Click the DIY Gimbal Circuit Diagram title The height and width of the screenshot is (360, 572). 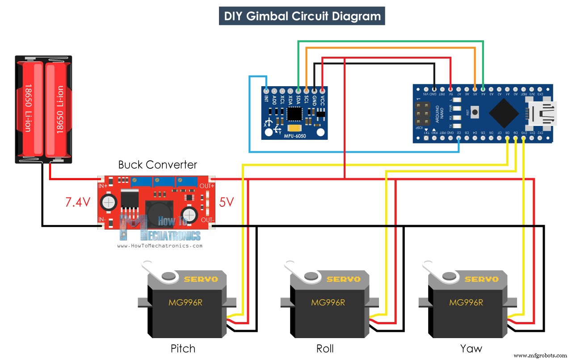point(302,17)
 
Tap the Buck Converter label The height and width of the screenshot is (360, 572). point(157,165)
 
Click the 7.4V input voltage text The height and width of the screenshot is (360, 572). point(79,202)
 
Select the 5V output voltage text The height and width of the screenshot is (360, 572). point(226,202)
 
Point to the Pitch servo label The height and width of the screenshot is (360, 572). point(183,348)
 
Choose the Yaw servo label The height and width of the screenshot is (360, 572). point(471,348)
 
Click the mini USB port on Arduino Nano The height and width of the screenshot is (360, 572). point(541,114)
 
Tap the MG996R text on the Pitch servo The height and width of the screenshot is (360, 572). point(185,302)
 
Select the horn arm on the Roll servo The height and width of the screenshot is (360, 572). point(299,272)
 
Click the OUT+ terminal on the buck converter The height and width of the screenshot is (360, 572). point(207,185)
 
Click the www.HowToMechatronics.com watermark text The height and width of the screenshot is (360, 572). point(160,246)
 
